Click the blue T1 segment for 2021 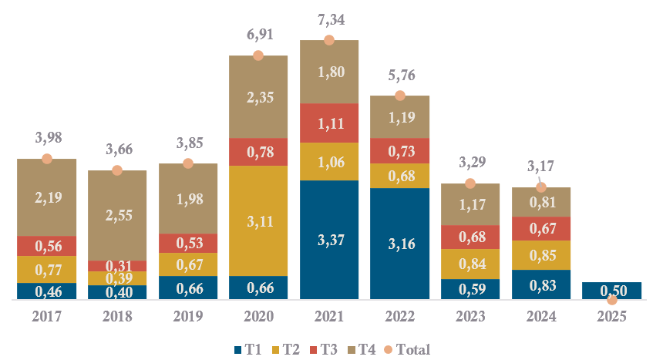[329, 240]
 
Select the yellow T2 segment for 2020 [258, 220]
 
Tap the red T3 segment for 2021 [329, 123]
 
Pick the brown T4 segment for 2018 [117, 215]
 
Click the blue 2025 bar [611, 291]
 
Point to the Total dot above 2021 [329, 40]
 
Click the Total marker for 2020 [258, 56]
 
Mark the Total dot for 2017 [47, 159]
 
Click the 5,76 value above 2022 [399, 76]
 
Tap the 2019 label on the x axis [188, 316]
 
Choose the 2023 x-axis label [470, 316]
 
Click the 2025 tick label [611, 316]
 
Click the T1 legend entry [247, 349]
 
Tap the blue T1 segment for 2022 [399, 243]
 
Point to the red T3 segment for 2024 [541, 228]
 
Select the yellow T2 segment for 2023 [470, 264]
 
